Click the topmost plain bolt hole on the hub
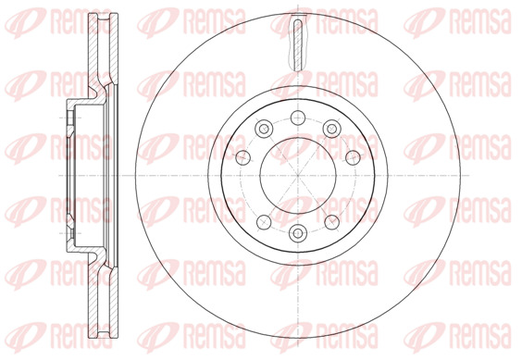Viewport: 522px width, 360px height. click(298, 118)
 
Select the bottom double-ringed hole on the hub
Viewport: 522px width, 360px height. click(298, 233)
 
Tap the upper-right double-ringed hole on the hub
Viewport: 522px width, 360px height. click(331, 129)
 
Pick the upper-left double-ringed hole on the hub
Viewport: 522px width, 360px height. click(264, 129)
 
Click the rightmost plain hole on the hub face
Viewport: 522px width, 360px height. click(353, 157)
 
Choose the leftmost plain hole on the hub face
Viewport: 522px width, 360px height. click(242, 157)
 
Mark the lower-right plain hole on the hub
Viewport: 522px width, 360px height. click(332, 222)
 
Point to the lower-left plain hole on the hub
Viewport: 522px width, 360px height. click(264, 222)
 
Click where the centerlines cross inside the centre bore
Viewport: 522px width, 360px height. click(298, 176)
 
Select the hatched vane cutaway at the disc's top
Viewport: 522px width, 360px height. click(298, 44)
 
